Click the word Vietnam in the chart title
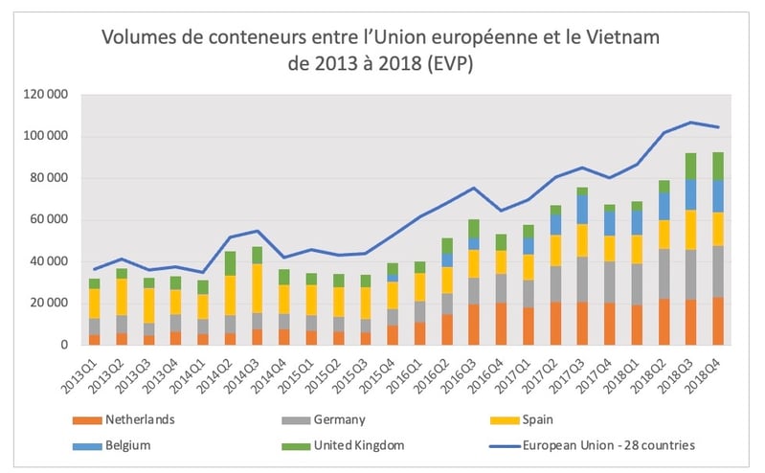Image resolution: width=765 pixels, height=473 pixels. [622, 38]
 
